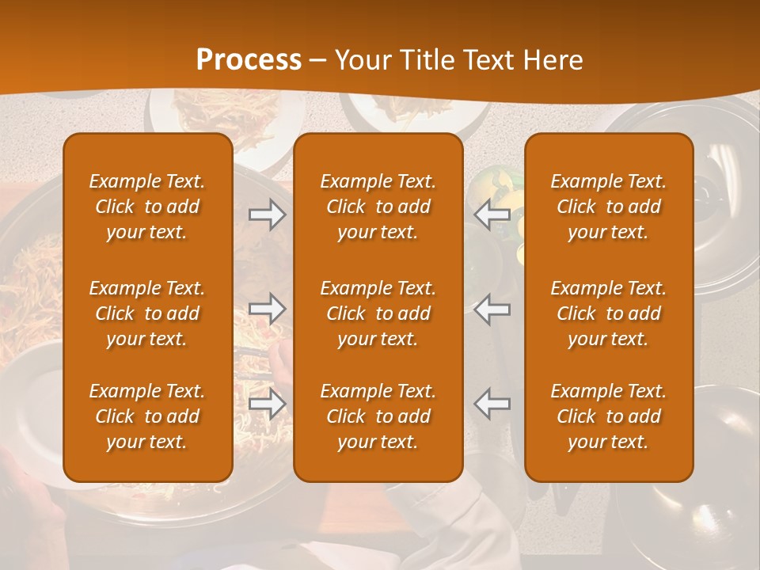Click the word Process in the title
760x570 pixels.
[x=249, y=60]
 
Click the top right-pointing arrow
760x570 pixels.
[x=267, y=215]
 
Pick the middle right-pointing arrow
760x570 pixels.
[x=267, y=308]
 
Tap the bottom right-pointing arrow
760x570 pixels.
[x=267, y=404]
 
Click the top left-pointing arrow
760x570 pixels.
[x=492, y=215]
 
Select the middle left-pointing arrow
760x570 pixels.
[x=492, y=308]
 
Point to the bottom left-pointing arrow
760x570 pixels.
[x=492, y=404]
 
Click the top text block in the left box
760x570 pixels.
[x=147, y=207]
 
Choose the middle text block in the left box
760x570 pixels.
[x=147, y=313]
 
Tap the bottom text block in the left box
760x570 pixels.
[x=147, y=416]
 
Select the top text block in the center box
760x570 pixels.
[x=378, y=207]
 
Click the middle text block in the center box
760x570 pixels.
[x=378, y=313]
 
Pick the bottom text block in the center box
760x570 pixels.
[x=378, y=416]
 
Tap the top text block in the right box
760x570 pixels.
[x=609, y=207]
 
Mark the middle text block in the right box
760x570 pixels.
[x=609, y=313]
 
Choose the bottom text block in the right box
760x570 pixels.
[x=609, y=416]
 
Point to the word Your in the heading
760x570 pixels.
[x=361, y=60]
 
